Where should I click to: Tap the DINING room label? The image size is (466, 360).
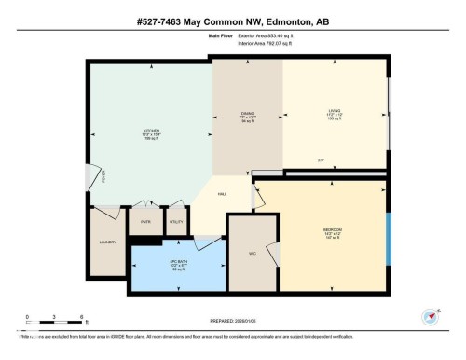[x=247, y=114]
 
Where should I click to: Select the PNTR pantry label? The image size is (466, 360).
[x=145, y=221]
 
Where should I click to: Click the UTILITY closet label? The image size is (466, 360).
[x=174, y=221]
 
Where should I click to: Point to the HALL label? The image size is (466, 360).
[x=223, y=193]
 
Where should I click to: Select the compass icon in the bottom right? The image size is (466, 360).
[x=431, y=317]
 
